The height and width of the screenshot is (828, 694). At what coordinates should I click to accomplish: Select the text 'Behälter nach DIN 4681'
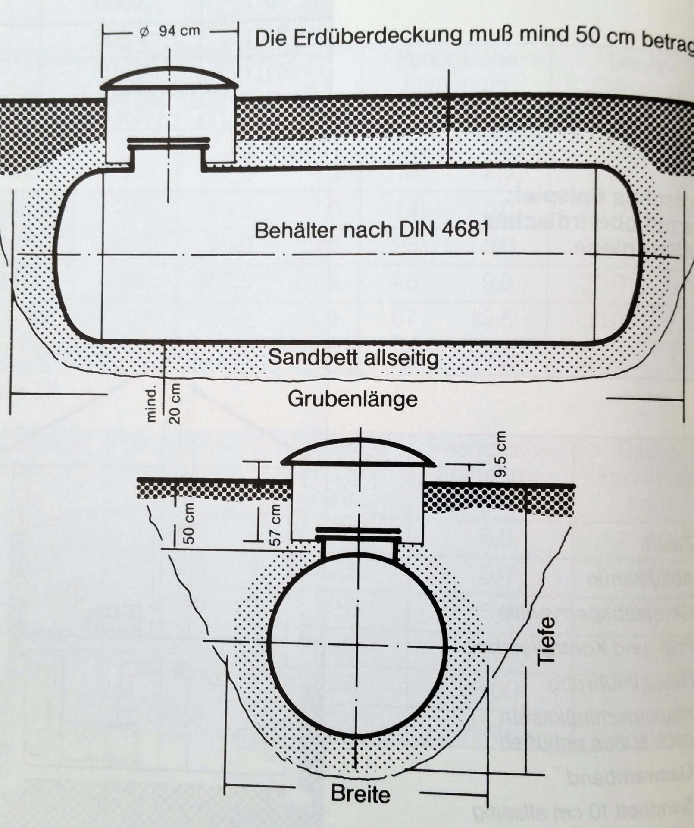click(x=372, y=230)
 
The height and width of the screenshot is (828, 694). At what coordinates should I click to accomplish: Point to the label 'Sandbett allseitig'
click(x=353, y=358)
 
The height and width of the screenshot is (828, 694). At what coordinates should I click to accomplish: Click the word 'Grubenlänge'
click(x=353, y=399)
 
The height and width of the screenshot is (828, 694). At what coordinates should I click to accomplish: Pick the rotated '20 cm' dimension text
click(x=175, y=403)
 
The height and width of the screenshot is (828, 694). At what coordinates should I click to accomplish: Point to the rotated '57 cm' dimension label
click(x=275, y=523)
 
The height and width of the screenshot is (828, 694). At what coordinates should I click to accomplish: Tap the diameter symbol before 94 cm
click(x=145, y=32)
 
